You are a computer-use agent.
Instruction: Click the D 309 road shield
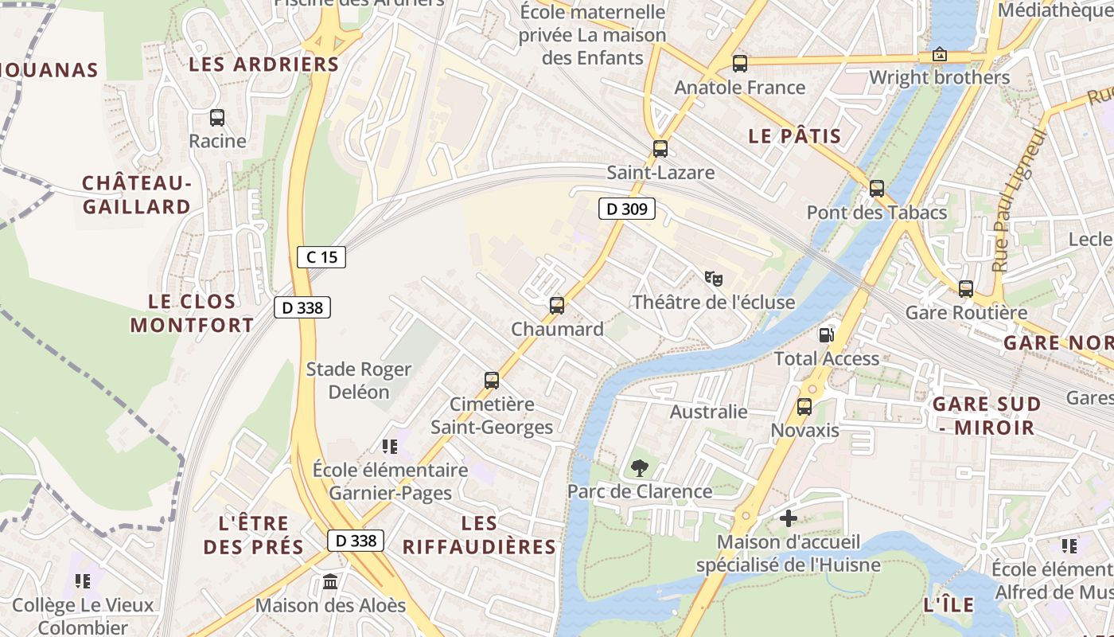coord(627,209)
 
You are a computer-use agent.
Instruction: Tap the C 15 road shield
coord(321,256)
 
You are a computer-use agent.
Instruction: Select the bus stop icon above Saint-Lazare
coord(660,148)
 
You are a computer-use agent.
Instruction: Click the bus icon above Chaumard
coord(557,305)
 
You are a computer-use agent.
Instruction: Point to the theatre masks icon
coord(713,279)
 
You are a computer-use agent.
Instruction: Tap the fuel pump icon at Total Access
coord(828,334)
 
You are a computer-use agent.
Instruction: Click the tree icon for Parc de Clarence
coord(638,468)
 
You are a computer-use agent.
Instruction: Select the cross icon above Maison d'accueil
coord(788,518)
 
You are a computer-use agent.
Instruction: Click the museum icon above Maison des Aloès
coord(330,582)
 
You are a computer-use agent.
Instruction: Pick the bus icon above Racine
coord(217,118)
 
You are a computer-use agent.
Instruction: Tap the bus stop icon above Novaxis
coord(804,407)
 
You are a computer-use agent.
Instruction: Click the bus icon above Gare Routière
coord(966,289)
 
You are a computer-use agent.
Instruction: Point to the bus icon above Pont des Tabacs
coord(877,189)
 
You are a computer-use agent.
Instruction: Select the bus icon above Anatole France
coord(740,64)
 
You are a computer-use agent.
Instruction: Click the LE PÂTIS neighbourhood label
coord(794,136)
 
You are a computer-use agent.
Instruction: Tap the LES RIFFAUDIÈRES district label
coord(479,535)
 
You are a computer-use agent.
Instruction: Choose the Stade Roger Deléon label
coord(359,381)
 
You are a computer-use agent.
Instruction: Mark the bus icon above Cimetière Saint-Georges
coord(492,381)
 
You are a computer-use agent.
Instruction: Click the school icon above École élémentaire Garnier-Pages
coord(389,446)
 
